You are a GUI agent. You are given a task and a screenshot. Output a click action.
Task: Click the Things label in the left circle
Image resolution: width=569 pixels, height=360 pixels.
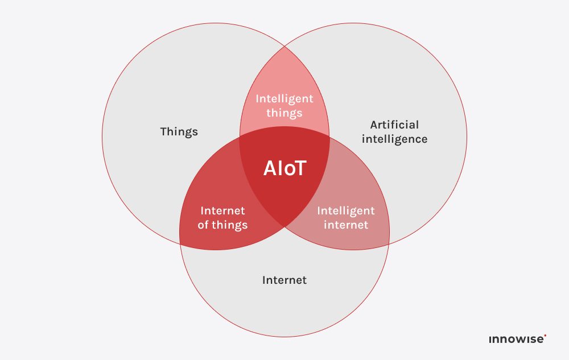(179, 132)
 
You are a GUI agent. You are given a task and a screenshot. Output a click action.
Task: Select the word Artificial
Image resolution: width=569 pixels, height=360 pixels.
(394, 125)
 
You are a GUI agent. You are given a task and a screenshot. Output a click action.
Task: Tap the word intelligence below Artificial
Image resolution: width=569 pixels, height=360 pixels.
(394, 139)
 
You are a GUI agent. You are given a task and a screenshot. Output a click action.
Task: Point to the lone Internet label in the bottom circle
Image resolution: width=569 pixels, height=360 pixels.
(284, 280)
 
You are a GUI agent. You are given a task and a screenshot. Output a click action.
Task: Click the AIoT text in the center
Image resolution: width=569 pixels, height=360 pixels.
(284, 168)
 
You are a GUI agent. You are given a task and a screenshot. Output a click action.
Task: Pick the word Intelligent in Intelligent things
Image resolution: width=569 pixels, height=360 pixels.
(284, 98)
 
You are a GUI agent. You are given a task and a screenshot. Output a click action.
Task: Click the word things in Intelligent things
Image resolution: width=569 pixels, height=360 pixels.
(284, 113)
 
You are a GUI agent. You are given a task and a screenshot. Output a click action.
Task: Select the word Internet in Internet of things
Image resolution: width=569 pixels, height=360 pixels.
(222, 210)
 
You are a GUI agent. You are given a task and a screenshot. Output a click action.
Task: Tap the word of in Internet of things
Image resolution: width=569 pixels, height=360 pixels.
(203, 225)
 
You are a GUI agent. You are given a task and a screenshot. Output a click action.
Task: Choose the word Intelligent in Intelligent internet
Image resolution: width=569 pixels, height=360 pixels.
(346, 210)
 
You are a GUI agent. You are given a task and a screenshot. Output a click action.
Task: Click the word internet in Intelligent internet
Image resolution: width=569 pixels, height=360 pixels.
(346, 225)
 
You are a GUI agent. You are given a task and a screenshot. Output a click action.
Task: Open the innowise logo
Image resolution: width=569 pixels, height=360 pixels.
(516, 340)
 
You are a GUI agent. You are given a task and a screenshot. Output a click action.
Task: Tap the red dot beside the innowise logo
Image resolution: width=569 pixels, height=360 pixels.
(545, 336)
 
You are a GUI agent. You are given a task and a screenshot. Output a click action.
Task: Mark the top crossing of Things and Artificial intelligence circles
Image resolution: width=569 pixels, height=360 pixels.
(284, 45)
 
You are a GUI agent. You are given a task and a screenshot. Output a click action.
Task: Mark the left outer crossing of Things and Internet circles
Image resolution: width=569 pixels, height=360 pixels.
(180, 243)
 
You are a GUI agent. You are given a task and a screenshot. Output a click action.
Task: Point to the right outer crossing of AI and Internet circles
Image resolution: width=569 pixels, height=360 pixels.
(389, 243)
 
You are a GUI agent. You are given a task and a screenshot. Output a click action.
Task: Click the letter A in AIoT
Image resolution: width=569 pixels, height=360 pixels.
(270, 168)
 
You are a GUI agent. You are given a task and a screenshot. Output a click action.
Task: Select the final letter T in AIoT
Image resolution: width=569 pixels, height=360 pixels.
(300, 168)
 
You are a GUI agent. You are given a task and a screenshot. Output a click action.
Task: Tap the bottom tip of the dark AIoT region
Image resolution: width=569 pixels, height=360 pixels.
(284, 227)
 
